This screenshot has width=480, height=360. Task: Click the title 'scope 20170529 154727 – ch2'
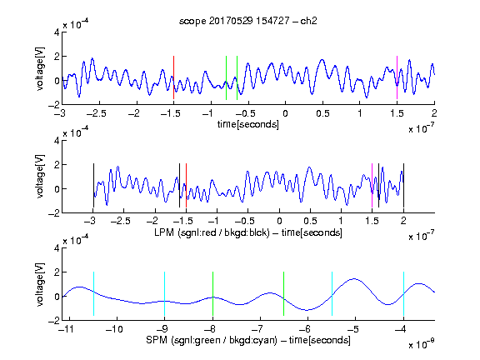point(247,21)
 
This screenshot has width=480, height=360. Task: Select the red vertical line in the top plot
point(173,77)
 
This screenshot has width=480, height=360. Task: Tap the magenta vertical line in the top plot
point(397,77)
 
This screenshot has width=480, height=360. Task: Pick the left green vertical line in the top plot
point(226,77)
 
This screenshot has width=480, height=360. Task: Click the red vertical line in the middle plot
point(186,186)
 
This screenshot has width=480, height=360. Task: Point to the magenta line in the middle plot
point(372,186)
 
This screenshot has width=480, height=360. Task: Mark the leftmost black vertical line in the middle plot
point(93,186)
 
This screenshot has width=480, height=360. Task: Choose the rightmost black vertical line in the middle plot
point(404,186)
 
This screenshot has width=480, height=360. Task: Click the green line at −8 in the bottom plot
point(212,293)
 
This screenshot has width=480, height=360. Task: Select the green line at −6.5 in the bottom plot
point(284,293)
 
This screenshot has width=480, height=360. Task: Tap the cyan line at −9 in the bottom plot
point(165,293)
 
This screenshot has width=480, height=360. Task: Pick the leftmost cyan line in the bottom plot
point(93,293)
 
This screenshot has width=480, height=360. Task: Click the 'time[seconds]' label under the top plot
point(248,124)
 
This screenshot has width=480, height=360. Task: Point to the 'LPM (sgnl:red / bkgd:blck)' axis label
point(212,232)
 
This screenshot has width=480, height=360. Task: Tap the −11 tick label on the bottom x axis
point(67,329)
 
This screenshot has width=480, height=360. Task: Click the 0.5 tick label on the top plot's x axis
point(322,113)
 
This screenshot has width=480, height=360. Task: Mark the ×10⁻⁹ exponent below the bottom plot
point(422,344)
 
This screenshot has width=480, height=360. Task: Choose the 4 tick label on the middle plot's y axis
point(57,141)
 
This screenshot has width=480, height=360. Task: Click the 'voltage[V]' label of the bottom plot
point(40,285)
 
